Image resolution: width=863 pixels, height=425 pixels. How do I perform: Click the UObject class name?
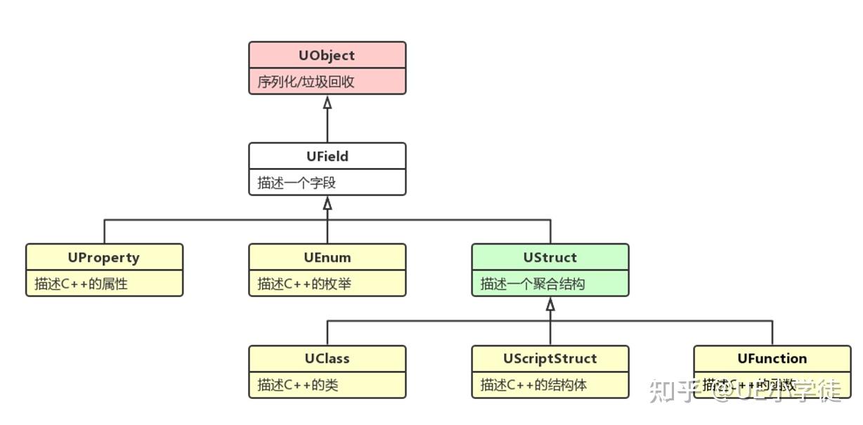coord(327,55)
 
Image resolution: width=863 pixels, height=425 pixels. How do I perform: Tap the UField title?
coord(327,157)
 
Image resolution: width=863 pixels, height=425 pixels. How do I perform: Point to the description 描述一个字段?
coord(297,183)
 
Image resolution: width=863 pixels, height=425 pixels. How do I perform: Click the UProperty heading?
coord(103,258)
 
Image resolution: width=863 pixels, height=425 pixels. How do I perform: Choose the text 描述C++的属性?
coord(81,285)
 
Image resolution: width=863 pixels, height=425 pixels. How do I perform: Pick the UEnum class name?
coord(327,258)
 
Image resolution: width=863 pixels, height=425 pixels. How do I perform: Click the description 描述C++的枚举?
coord(304,285)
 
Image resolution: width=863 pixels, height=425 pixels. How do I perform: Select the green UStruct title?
coord(550,258)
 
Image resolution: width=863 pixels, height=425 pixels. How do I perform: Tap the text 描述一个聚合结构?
coord(533,285)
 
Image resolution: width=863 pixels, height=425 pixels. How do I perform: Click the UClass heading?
coord(327,359)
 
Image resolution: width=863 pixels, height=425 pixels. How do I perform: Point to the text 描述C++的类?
coord(298,386)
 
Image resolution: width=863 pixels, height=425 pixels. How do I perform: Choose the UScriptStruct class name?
coord(550,359)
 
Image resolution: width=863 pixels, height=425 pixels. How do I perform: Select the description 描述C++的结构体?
coord(533,386)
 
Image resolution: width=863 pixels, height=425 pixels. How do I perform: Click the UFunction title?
coord(772,359)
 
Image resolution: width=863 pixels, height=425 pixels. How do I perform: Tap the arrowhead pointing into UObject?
coord(327,103)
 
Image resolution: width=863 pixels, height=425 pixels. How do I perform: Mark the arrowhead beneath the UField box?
coord(327,204)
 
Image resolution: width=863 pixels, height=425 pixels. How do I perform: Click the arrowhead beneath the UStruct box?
coord(550,305)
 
